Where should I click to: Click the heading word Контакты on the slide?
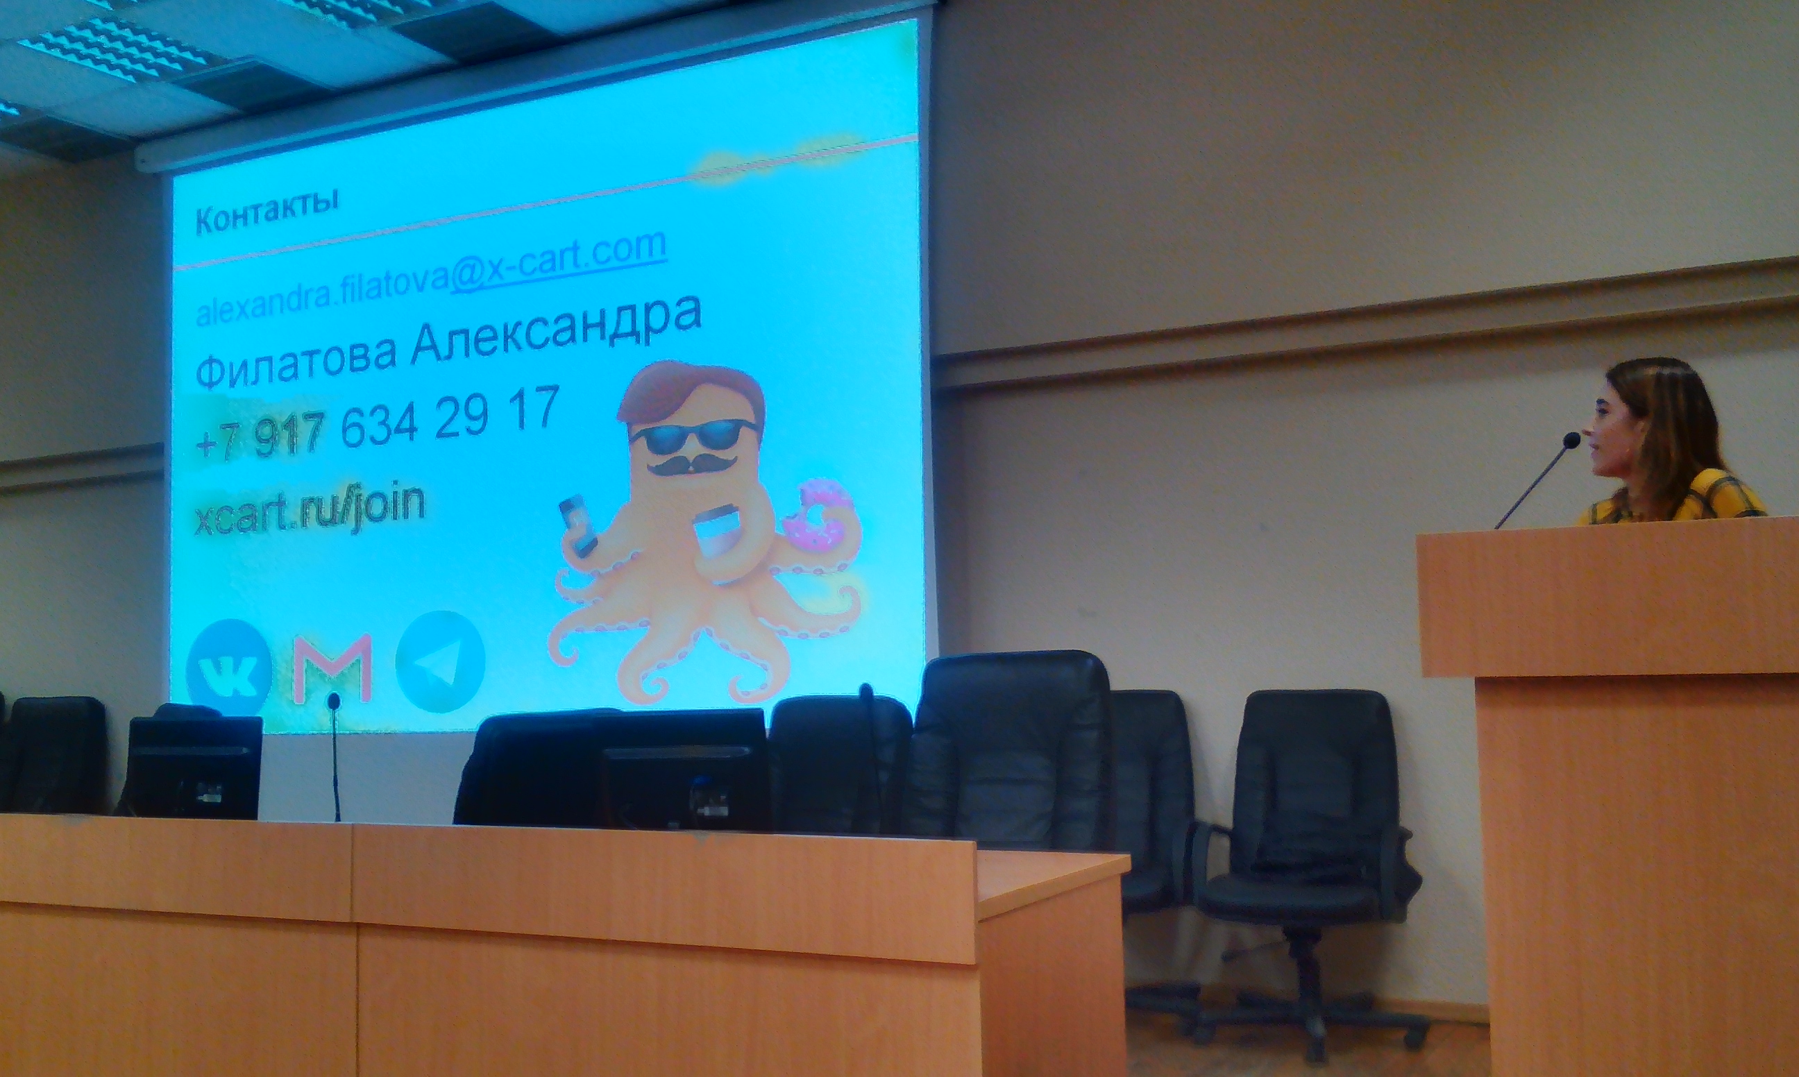267,210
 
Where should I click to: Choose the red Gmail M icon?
332,668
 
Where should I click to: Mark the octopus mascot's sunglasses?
693,436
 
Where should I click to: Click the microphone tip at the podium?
1572,441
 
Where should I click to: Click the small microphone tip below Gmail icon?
333,701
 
